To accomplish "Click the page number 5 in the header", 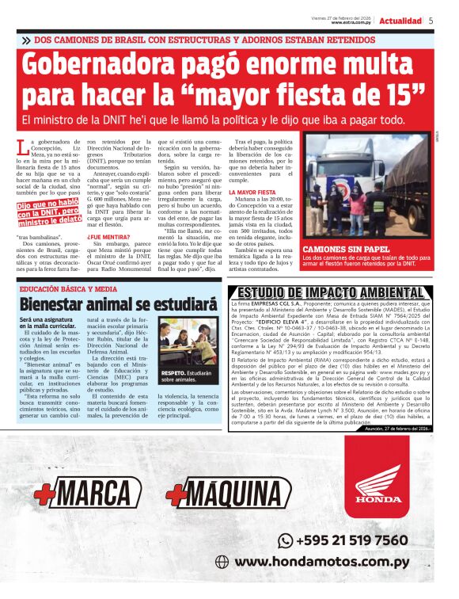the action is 431,21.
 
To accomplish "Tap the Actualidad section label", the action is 400,21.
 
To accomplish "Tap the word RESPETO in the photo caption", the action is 172,372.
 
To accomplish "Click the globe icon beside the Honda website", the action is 222,562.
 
